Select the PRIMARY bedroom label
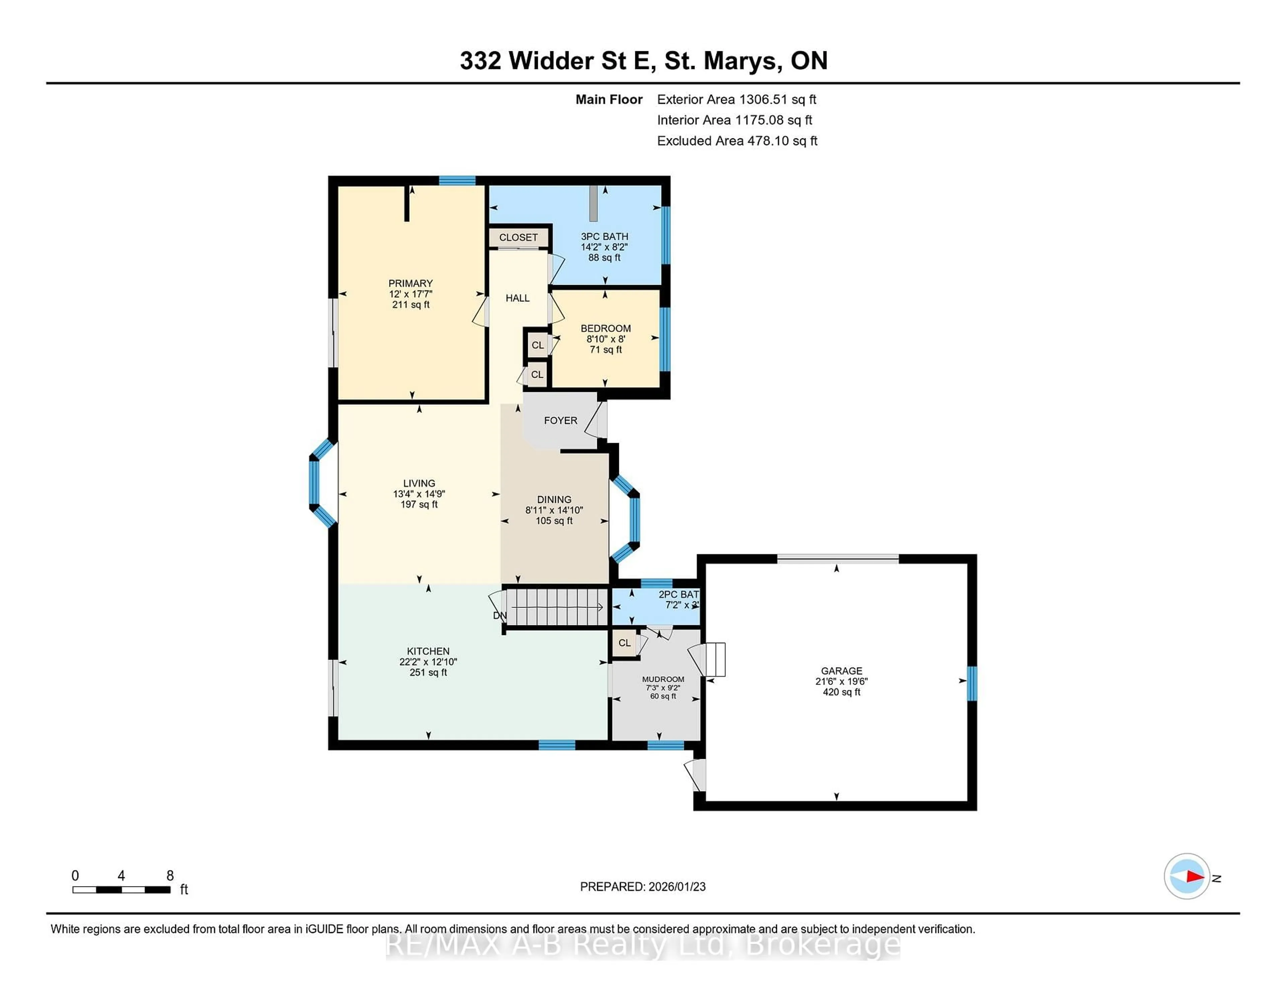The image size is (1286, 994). [410, 283]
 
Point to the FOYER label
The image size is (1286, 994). [560, 420]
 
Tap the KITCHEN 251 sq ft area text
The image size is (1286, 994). [428, 672]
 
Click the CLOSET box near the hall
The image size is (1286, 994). [518, 237]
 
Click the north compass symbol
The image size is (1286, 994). [1187, 876]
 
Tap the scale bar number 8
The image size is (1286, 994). [169, 876]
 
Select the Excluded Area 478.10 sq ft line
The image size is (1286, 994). [737, 141]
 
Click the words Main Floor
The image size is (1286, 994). [609, 99]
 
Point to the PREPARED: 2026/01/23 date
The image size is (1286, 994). [642, 887]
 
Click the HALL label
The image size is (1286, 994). [517, 298]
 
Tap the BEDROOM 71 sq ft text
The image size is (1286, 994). [605, 350]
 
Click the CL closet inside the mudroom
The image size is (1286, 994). [624, 643]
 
